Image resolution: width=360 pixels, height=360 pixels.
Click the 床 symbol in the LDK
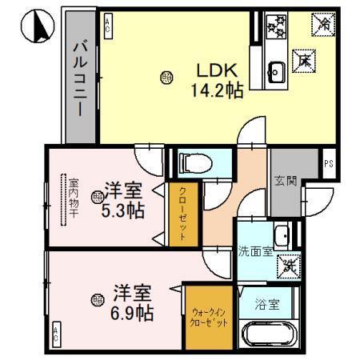tap(303, 59)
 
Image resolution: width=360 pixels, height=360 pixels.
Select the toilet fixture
tap(192, 164)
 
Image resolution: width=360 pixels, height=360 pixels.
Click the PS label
tap(329, 164)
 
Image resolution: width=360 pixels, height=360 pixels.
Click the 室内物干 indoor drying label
tap(73, 198)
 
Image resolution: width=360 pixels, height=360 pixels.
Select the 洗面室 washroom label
tap(255, 250)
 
